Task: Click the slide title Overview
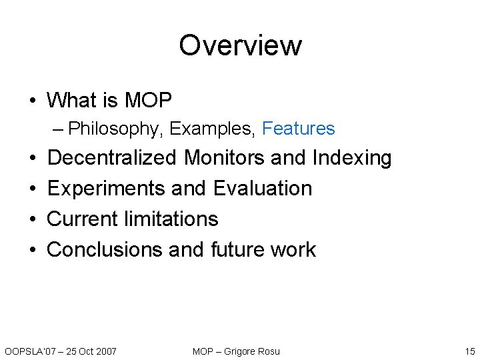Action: click(240, 45)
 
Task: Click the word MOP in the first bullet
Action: click(147, 101)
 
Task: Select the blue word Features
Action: click(298, 129)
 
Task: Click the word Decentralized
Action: click(112, 158)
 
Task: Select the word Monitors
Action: click(225, 158)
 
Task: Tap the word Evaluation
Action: click(263, 189)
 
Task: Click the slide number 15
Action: click(469, 351)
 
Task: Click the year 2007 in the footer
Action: click(104, 351)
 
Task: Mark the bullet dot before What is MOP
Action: click(33, 101)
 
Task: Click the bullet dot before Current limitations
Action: click(33, 219)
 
